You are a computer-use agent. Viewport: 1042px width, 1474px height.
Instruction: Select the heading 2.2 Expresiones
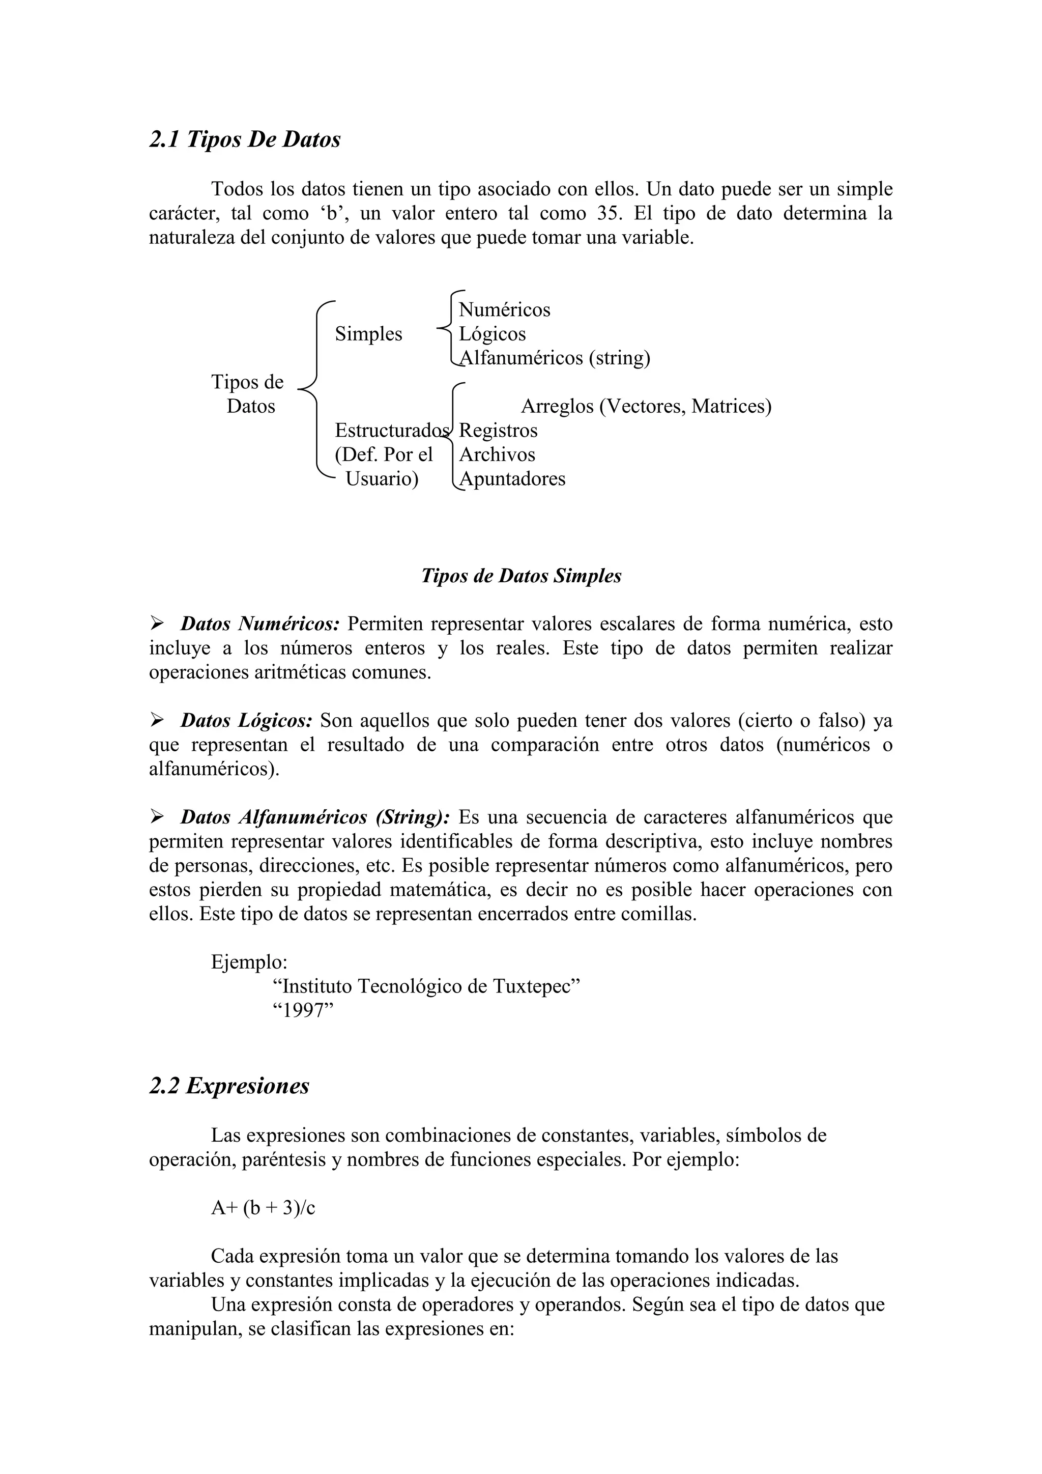[x=229, y=1086]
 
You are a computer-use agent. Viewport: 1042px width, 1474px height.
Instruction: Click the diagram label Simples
[x=368, y=334]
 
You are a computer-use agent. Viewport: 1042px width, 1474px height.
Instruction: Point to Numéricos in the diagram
[x=504, y=310]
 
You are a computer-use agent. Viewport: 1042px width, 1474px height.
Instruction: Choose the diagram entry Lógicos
[x=492, y=334]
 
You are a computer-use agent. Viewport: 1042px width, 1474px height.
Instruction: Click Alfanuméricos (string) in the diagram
[x=555, y=358]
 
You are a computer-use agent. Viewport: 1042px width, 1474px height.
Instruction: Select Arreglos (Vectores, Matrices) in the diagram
[x=646, y=406]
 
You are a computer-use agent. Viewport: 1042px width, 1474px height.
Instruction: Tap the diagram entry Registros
[x=498, y=430]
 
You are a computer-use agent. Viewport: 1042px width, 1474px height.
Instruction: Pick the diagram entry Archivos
[x=497, y=455]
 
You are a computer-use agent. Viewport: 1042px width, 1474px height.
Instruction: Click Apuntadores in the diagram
[x=512, y=479]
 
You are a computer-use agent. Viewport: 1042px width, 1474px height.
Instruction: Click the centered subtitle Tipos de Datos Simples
[x=521, y=576]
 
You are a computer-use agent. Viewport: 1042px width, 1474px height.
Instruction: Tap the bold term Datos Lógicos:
[x=246, y=720]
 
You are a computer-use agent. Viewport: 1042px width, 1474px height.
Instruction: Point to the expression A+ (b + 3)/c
[x=263, y=1208]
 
